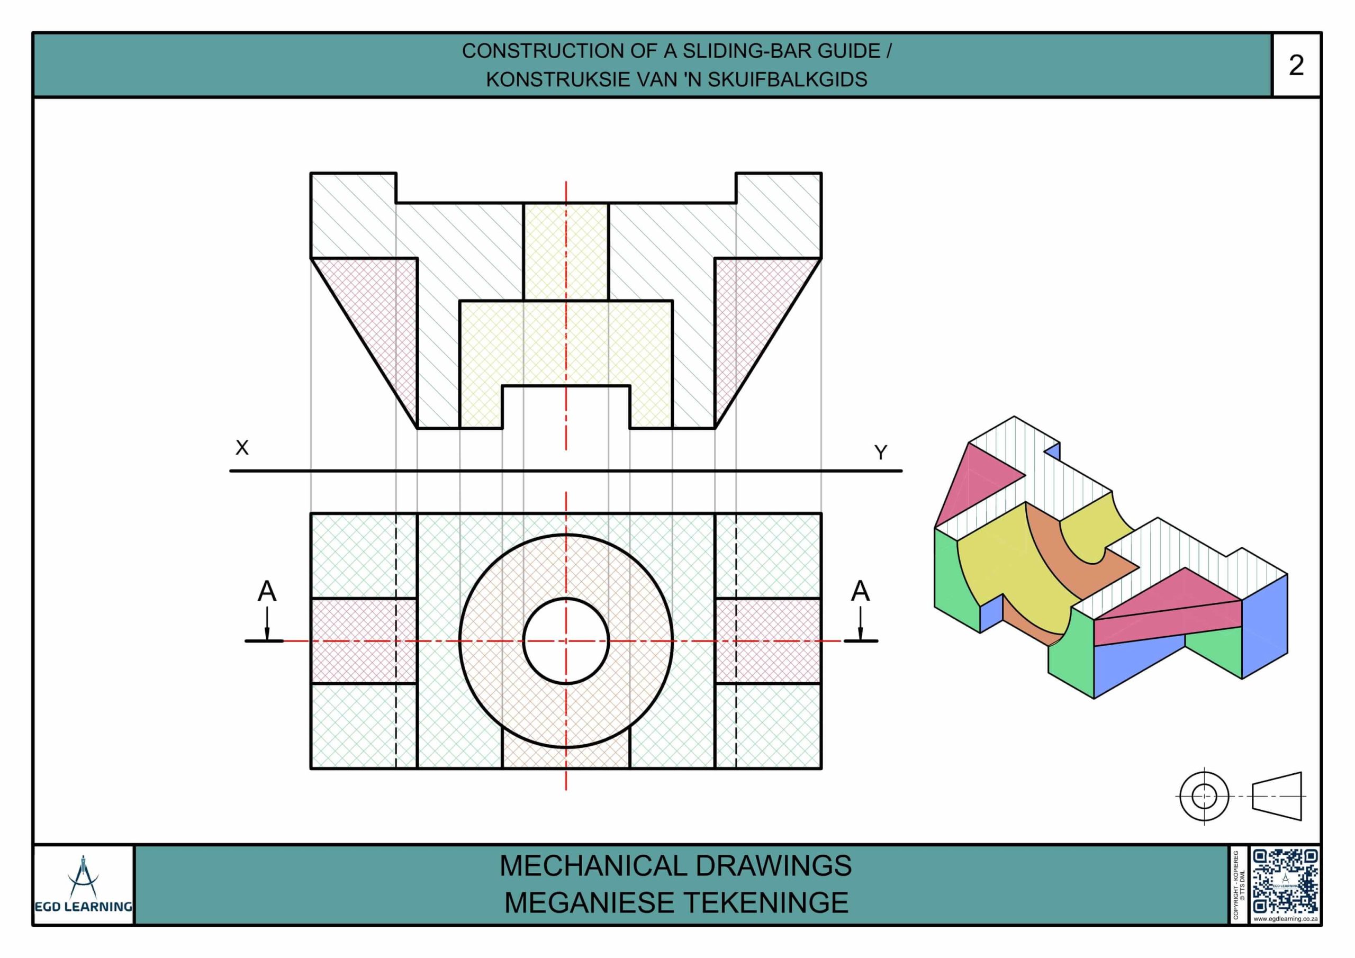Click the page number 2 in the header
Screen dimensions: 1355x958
click(1296, 65)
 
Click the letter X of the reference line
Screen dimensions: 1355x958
click(242, 447)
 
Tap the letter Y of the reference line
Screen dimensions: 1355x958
click(881, 453)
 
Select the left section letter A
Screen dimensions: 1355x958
click(267, 591)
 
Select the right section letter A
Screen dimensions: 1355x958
click(861, 591)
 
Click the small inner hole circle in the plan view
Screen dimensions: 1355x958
click(566, 599)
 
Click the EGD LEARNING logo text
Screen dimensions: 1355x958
click(83, 906)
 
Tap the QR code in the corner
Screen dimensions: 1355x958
click(1285, 881)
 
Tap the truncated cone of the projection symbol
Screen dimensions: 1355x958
click(1277, 796)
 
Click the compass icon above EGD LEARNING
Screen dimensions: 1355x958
click(83, 876)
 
